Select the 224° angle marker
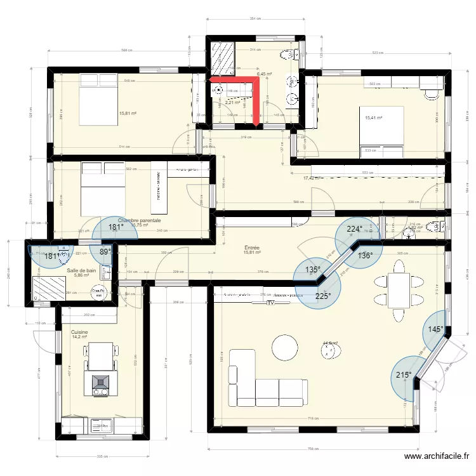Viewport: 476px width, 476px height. coord(354,230)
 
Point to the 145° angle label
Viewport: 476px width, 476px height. coord(435,329)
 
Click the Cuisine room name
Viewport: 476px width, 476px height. coord(79,332)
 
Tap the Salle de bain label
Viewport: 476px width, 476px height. coord(81,270)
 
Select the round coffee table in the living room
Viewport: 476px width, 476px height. coord(284,347)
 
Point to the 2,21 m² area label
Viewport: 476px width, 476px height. coord(233,102)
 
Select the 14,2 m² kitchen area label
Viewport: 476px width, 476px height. coord(79,338)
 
